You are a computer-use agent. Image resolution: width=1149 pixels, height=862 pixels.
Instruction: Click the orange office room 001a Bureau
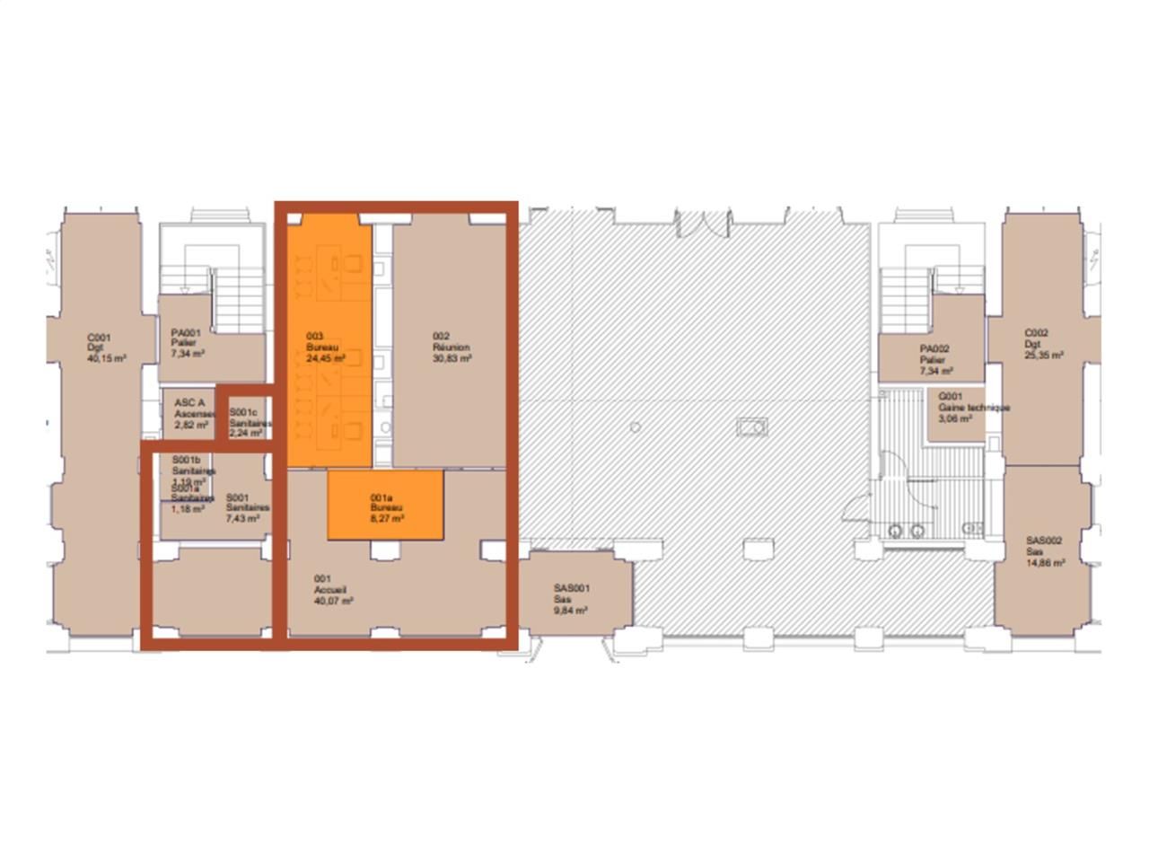click(x=386, y=506)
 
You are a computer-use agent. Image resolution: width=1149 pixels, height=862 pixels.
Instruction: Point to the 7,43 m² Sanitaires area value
click(x=241, y=518)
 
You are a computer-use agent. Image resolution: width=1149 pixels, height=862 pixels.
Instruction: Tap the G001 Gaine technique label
click(x=961, y=407)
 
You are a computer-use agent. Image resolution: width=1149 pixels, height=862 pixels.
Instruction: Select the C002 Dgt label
click(x=1044, y=343)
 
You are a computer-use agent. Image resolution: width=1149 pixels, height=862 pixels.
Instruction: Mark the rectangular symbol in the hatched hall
click(x=751, y=427)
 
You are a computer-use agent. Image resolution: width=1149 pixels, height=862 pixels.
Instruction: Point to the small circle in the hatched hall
click(x=636, y=427)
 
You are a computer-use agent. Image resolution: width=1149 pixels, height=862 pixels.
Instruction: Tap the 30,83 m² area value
click(x=452, y=357)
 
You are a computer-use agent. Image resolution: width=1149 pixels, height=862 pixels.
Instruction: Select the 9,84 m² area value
click(x=571, y=610)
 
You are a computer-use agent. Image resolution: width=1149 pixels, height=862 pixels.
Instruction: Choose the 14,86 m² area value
click(x=1046, y=562)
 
